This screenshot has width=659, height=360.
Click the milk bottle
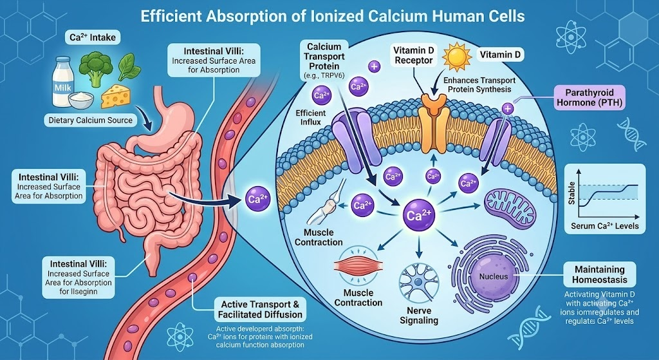coord(62,82)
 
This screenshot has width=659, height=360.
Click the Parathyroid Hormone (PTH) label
coord(589,98)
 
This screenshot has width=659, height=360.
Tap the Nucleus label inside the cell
coord(494,276)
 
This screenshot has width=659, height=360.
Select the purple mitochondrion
coord(510,206)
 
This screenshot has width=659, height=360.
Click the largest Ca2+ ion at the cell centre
coord(418,215)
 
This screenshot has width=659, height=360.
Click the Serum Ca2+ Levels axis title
coord(604,226)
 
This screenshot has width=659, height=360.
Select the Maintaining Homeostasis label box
coord(600,274)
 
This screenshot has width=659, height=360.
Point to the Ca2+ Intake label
coord(93,37)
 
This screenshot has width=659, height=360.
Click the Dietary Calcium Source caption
coord(90,120)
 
